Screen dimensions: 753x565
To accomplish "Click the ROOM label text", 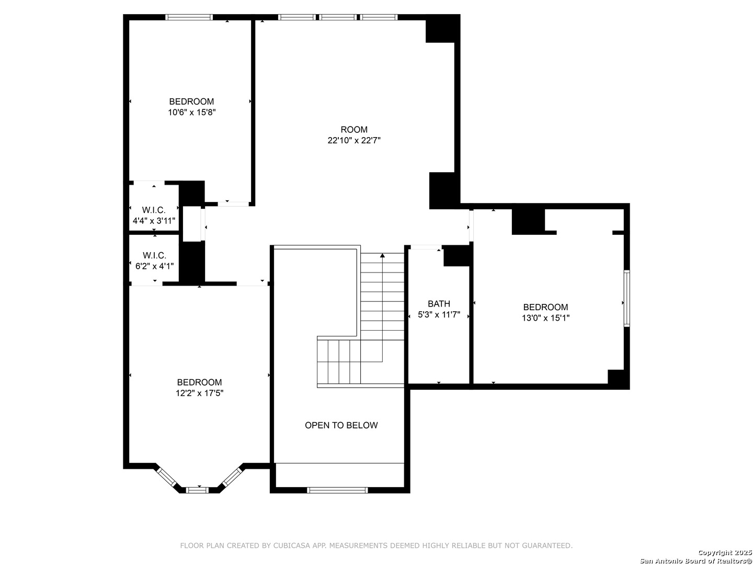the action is (353, 129).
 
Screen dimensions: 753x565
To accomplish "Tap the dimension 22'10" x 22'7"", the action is (353, 140).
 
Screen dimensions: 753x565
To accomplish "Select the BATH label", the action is (438, 303).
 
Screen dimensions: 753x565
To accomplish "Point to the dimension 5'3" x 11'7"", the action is (438, 314).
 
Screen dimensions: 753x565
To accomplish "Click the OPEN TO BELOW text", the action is (341, 425).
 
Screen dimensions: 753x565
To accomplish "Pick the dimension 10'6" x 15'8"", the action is (191, 112).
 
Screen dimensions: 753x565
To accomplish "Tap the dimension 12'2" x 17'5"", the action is (199, 393).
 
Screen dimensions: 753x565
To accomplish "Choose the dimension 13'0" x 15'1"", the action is (545, 318).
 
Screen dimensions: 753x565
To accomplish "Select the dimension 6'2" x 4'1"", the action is (154, 266).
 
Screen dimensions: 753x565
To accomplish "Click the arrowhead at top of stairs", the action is (382, 255).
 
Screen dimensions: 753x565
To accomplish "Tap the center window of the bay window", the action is (197, 490).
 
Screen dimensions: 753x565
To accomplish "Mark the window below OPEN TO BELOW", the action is (337, 490).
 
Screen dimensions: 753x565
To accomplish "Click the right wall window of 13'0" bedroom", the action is (626, 298).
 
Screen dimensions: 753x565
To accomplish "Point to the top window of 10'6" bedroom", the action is (189, 17).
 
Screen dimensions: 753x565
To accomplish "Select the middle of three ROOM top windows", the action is (338, 17).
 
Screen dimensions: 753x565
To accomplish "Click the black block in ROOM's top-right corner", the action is (442, 28).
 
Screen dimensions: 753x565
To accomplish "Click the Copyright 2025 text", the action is (725, 552).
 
